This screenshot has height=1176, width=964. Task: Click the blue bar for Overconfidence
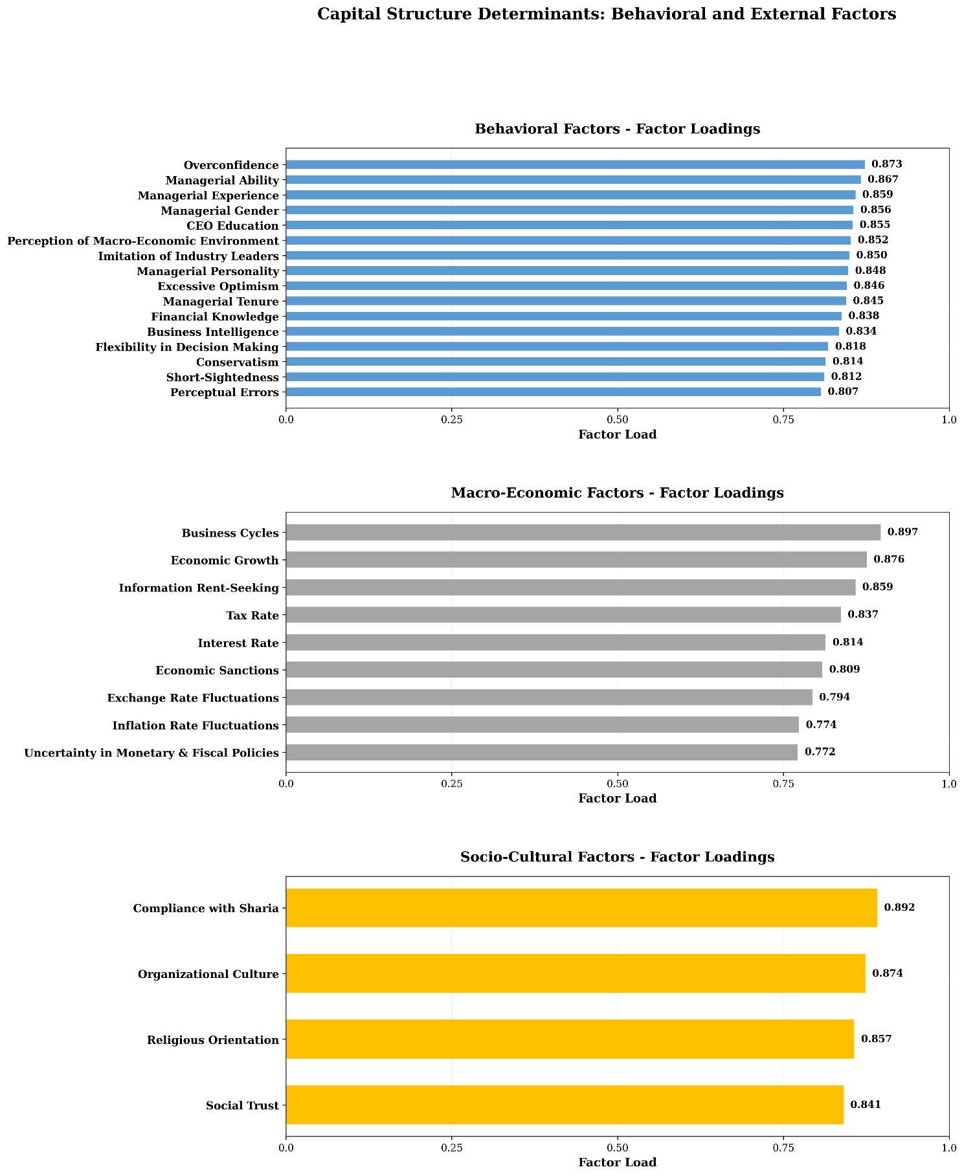[575, 164]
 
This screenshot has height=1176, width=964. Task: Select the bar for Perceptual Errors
[553, 392]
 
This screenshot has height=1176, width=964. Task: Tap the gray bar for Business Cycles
[583, 533]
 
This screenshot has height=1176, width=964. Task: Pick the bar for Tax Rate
[563, 615]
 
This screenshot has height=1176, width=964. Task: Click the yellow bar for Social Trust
[565, 1105]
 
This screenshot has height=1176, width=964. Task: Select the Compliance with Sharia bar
[581, 908]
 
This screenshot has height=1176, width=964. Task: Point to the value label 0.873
[886, 164]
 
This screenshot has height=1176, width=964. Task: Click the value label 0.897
[902, 533]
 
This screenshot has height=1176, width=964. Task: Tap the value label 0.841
[866, 1105]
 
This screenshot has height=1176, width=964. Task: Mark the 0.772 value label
[820, 752]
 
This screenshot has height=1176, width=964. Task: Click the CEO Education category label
[232, 226]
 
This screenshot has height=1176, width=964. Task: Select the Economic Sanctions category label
[217, 671]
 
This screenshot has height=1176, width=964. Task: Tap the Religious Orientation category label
[212, 1040]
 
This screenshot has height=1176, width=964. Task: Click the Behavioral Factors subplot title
[617, 129]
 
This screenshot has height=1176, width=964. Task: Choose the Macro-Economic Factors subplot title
[617, 493]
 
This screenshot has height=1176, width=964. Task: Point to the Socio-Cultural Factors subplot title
[617, 857]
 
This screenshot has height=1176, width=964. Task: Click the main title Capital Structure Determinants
[606, 14]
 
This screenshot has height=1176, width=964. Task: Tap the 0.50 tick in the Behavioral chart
[618, 419]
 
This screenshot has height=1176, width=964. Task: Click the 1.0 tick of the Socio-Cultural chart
[948, 1148]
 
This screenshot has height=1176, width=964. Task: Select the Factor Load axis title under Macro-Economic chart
[617, 799]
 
